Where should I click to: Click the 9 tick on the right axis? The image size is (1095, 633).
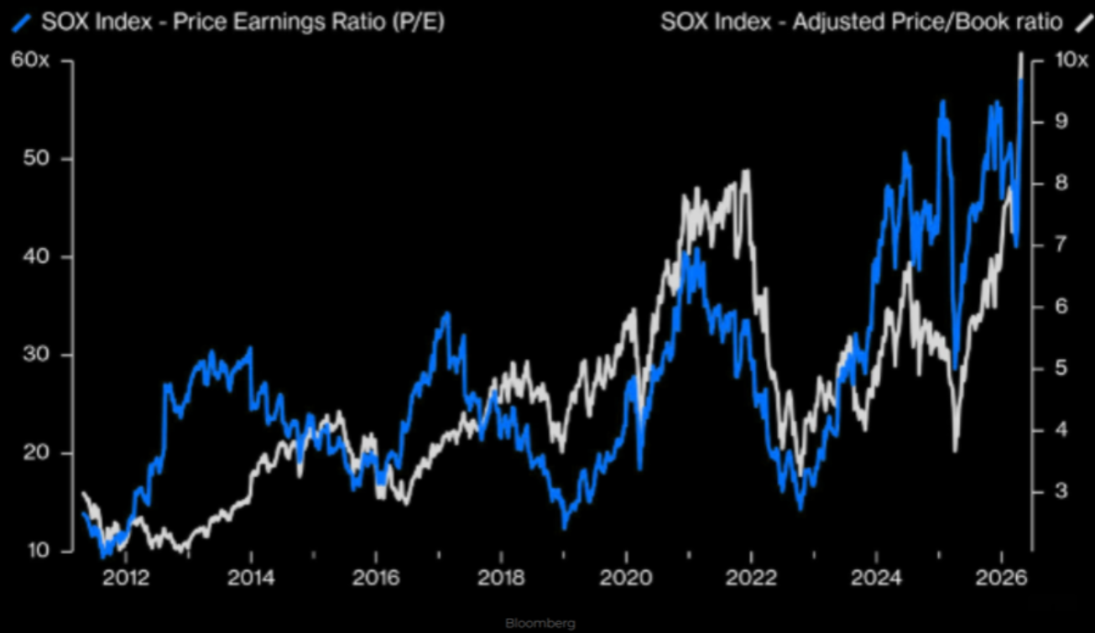click(1059, 122)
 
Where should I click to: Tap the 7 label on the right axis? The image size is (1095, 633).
click(1059, 246)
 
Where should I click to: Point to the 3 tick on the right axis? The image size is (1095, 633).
click(1059, 491)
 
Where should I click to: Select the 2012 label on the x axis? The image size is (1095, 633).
click(125, 579)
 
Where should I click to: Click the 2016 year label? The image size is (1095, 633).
click(376, 579)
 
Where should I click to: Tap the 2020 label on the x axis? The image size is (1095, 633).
click(626, 579)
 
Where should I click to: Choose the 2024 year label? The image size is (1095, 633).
click(876, 579)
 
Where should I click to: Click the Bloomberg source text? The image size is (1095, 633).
click(540, 624)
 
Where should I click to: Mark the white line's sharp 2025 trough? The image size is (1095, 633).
click(956, 449)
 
